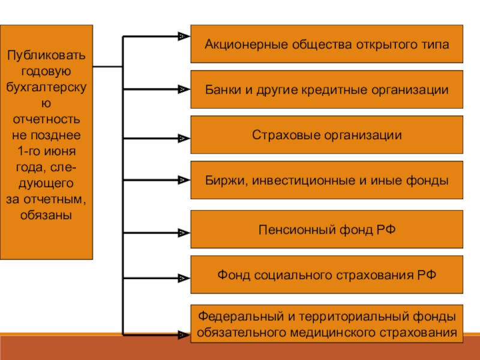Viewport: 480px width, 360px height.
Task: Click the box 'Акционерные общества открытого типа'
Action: point(326,44)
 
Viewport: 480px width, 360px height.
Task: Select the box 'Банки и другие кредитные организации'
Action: point(326,89)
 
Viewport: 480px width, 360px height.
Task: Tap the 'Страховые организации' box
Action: point(326,134)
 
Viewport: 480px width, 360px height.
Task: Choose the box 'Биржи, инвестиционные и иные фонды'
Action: point(326,180)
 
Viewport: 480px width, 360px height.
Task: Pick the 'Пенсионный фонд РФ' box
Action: point(326,229)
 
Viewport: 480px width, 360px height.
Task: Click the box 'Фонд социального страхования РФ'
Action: point(326,275)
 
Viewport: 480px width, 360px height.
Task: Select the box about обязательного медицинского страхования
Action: point(326,323)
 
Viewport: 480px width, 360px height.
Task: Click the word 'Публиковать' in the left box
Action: point(46,56)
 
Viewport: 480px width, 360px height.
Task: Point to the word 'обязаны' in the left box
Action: point(46,214)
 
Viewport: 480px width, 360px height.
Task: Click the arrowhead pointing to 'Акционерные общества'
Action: point(182,37)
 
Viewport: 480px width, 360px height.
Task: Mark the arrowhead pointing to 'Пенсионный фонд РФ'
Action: point(182,231)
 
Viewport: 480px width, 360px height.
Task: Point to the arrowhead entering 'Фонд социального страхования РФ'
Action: point(182,278)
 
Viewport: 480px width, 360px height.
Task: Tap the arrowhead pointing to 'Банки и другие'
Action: point(182,89)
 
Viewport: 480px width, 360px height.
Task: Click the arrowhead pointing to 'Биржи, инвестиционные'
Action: point(182,179)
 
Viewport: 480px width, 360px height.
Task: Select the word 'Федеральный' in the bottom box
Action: point(231,316)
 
